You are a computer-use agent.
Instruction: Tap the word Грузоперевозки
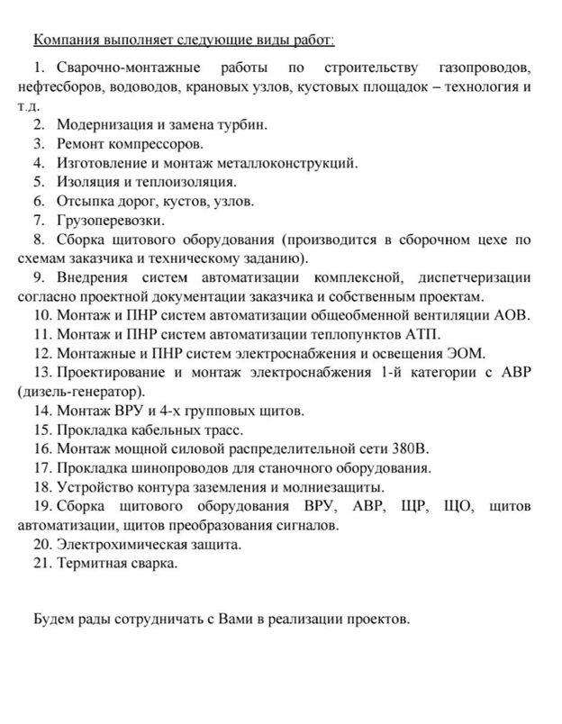(x=110, y=220)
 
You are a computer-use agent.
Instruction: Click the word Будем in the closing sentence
(x=52, y=620)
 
